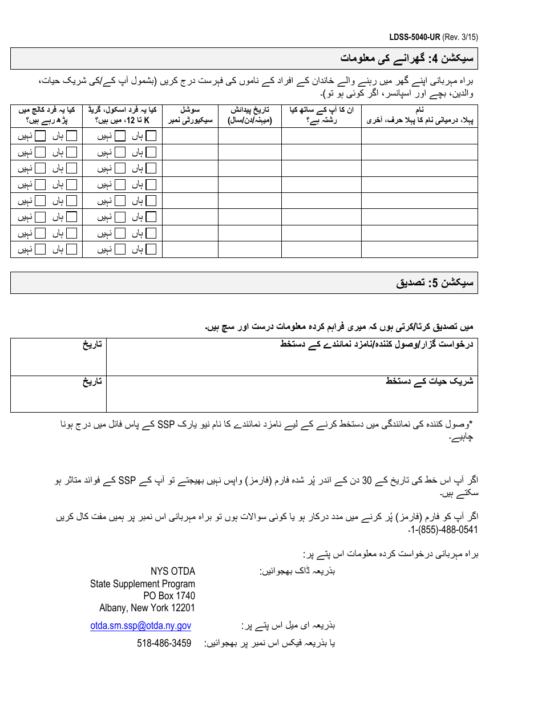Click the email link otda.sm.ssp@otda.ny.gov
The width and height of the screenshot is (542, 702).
[140, 626]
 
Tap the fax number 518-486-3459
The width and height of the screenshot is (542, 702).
[164, 643]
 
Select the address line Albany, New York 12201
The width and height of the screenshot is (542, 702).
[147, 608]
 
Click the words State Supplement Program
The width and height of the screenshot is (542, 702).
[143, 584]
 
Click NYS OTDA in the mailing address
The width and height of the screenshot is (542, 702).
[172, 571]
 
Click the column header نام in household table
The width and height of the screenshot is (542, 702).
[419, 110]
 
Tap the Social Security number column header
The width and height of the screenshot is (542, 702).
[190, 115]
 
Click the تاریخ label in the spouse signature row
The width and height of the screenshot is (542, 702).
[91, 381]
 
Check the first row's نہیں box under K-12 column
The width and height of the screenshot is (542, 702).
[120, 136]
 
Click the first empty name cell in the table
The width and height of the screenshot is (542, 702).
[419, 136]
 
